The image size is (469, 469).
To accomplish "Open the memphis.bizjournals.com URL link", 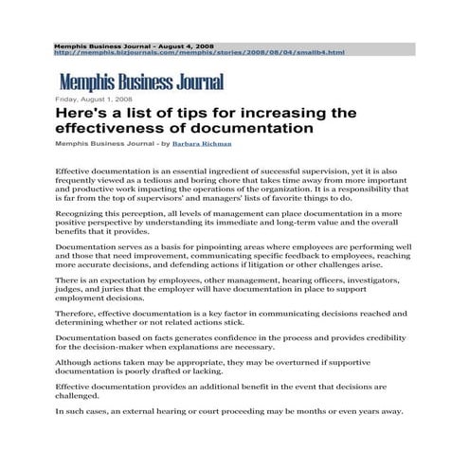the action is (x=199, y=53).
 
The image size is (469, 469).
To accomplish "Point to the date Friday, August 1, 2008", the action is (x=93, y=99).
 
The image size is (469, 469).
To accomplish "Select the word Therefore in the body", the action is (x=77, y=312).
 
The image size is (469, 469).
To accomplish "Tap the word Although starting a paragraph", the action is (x=76, y=363).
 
